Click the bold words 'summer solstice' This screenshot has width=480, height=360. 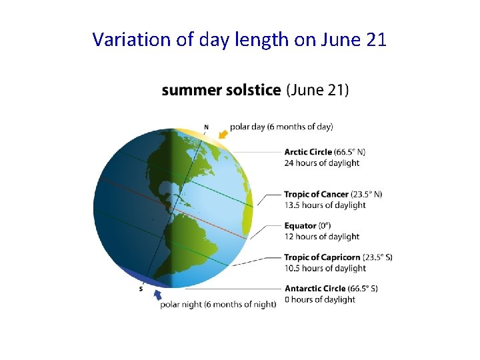pos(221,89)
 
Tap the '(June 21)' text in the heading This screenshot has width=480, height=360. pos(317,89)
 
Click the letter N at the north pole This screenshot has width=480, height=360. pos(206,127)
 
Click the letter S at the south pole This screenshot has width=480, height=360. pos(141,289)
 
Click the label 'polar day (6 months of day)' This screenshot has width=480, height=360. pos(281,127)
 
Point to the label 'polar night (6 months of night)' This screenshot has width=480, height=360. pos(218,305)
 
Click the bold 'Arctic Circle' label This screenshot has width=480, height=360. pos(309,152)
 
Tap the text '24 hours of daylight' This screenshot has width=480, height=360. pos(321,163)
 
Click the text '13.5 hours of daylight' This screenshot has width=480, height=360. pos(325,205)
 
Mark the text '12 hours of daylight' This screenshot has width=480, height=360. pos(321,237)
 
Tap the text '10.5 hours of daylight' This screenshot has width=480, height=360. pos(325,268)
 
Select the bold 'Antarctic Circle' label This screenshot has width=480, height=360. pos(315,289)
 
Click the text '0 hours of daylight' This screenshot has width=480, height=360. pos(320,299)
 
